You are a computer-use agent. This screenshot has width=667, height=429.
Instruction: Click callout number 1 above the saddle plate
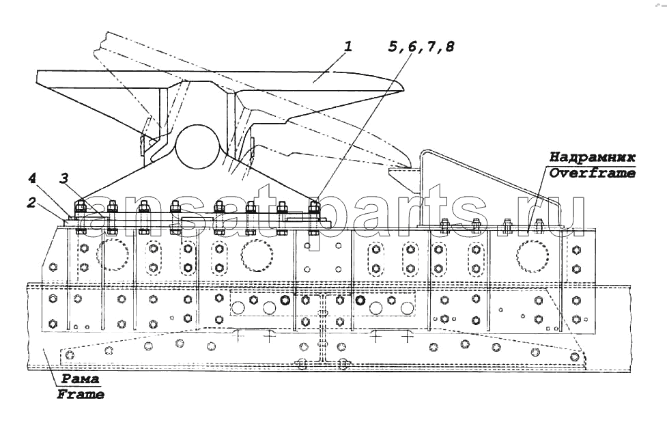[x=348, y=46]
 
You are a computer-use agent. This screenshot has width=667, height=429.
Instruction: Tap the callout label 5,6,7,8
[x=421, y=46]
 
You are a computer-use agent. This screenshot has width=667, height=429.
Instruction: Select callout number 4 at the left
[x=32, y=178]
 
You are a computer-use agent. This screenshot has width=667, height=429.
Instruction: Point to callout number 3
[x=63, y=178]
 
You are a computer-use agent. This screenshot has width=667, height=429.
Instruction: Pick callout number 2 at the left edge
[x=31, y=203]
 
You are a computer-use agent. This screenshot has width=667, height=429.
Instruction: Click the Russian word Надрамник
[x=592, y=156]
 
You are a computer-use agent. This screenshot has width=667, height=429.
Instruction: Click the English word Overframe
[x=592, y=173]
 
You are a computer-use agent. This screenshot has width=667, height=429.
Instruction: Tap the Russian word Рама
[x=80, y=378]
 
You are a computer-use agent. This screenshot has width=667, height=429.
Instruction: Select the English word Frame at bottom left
[x=81, y=394]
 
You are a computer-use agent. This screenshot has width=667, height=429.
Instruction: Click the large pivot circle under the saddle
[x=198, y=146]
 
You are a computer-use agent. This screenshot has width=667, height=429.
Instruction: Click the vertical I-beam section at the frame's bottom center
[x=323, y=330]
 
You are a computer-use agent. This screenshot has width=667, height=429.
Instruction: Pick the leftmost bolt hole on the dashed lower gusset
[x=70, y=355]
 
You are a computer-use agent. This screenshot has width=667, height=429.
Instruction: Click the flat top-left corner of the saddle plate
[x=38, y=72]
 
